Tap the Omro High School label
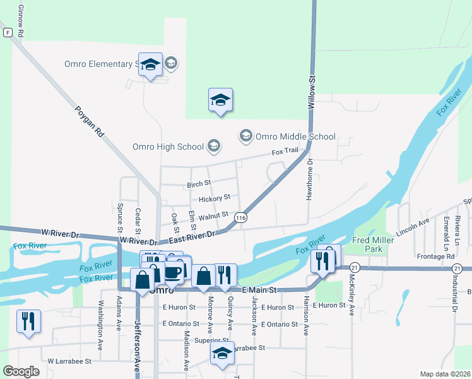[168, 147]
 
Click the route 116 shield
[240, 217]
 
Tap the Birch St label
[198, 184]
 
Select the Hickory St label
[214, 199]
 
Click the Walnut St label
[213, 215]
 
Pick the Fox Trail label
[285, 152]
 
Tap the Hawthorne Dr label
[309, 180]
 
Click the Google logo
[21, 371]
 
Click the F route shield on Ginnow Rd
[7, 32]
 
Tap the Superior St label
[211, 341]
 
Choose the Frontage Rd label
[435, 256]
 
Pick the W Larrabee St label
[69, 361]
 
